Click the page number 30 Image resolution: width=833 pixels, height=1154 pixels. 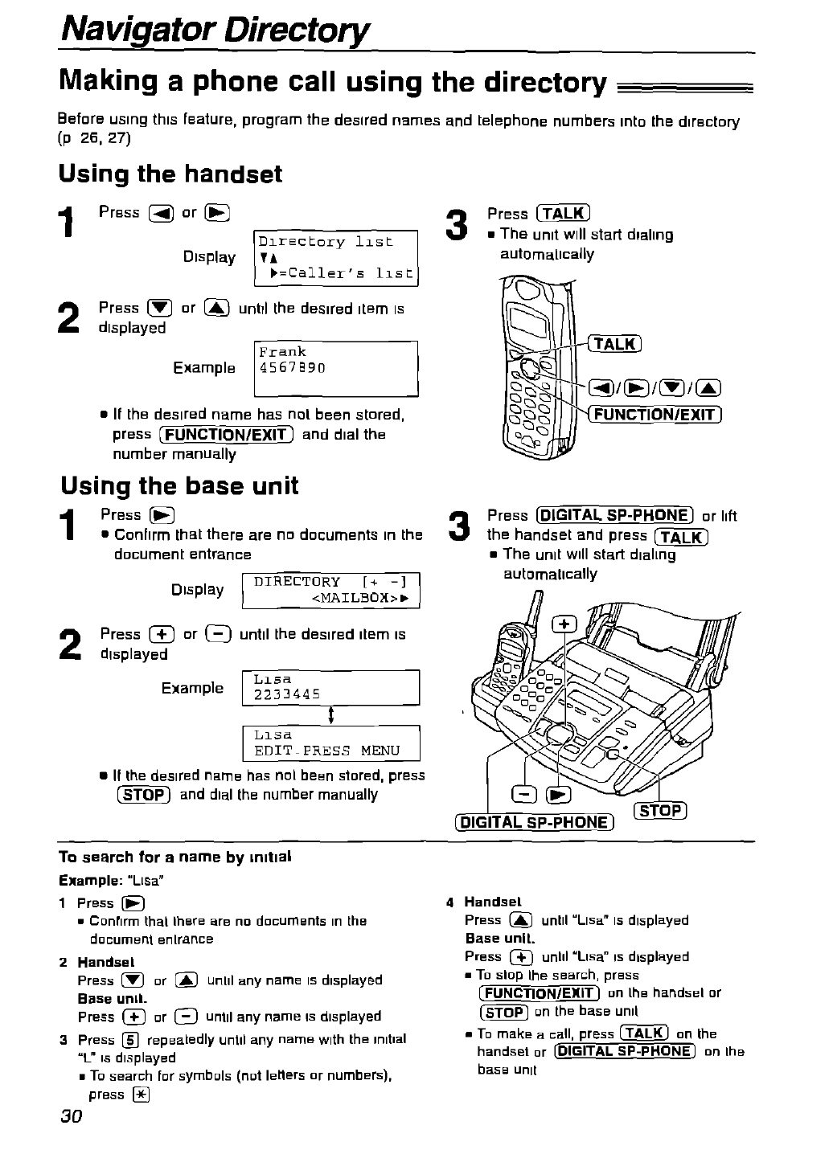coord(71,1118)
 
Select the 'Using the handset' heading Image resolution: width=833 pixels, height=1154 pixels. coord(170,174)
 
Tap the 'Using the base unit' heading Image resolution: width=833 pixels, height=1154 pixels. coord(179,485)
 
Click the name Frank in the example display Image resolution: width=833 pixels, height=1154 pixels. coord(282,352)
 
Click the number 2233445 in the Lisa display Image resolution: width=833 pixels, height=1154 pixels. coord(287,694)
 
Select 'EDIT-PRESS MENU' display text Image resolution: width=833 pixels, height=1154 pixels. coord(326,751)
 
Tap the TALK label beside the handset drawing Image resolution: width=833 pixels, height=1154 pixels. coord(614,344)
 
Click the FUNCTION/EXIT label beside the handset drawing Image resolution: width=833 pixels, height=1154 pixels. coord(655,415)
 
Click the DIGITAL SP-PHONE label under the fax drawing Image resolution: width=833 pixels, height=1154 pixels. coord(534,821)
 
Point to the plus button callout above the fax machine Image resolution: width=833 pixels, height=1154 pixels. coord(565,625)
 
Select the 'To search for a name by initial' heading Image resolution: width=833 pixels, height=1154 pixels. coord(175,857)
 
